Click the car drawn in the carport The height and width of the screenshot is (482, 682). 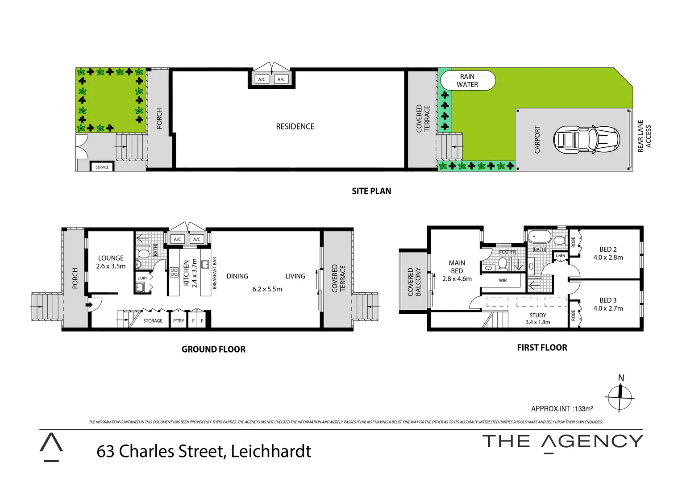coord(586,140)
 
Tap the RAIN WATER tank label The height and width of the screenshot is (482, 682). coord(467,81)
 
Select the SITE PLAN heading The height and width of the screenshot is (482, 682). coord(371,191)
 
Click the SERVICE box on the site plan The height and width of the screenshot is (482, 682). coord(102,167)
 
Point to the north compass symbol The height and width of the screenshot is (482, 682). coord(620,395)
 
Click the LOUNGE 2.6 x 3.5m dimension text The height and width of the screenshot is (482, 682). coord(111,266)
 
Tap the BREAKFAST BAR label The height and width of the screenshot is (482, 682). coord(215,273)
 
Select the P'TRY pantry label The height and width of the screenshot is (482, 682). coord(179,321)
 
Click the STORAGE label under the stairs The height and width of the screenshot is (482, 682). coord(153,321)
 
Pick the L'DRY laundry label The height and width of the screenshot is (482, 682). coord(142,278)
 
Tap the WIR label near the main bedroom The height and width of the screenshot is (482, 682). coord(503,281)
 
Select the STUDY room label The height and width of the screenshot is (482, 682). coord(538,316)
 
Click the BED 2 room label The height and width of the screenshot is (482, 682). coord(608,249)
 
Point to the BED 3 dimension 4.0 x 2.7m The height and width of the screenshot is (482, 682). coord(608,308)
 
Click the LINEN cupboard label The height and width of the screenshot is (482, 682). coord(560,256)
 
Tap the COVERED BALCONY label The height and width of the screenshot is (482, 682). coord(414,282)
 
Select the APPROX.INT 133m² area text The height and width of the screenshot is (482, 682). coord(562,409)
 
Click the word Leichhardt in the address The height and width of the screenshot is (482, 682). coord(271,451)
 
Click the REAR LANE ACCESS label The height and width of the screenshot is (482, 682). coord(645,136)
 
